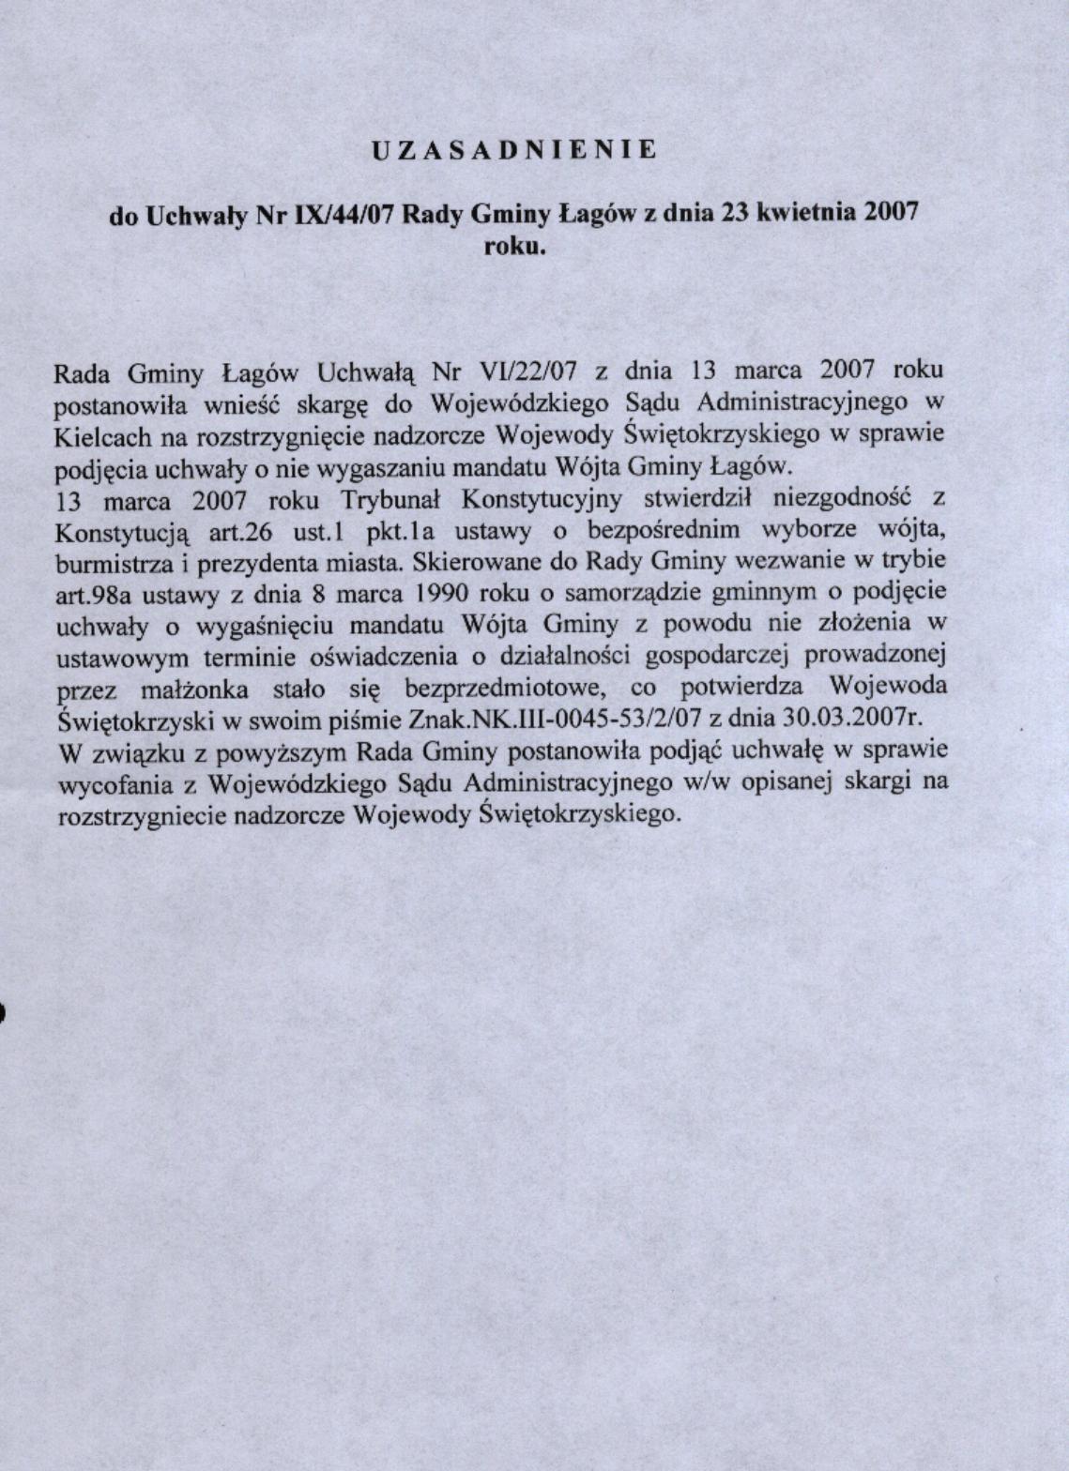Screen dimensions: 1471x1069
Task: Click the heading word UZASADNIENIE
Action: [514, 149]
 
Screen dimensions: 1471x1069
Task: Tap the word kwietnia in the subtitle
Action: [803, 212]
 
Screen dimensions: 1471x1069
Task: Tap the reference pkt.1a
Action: [401, 532]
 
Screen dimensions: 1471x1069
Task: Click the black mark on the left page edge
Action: [3, 1012]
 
